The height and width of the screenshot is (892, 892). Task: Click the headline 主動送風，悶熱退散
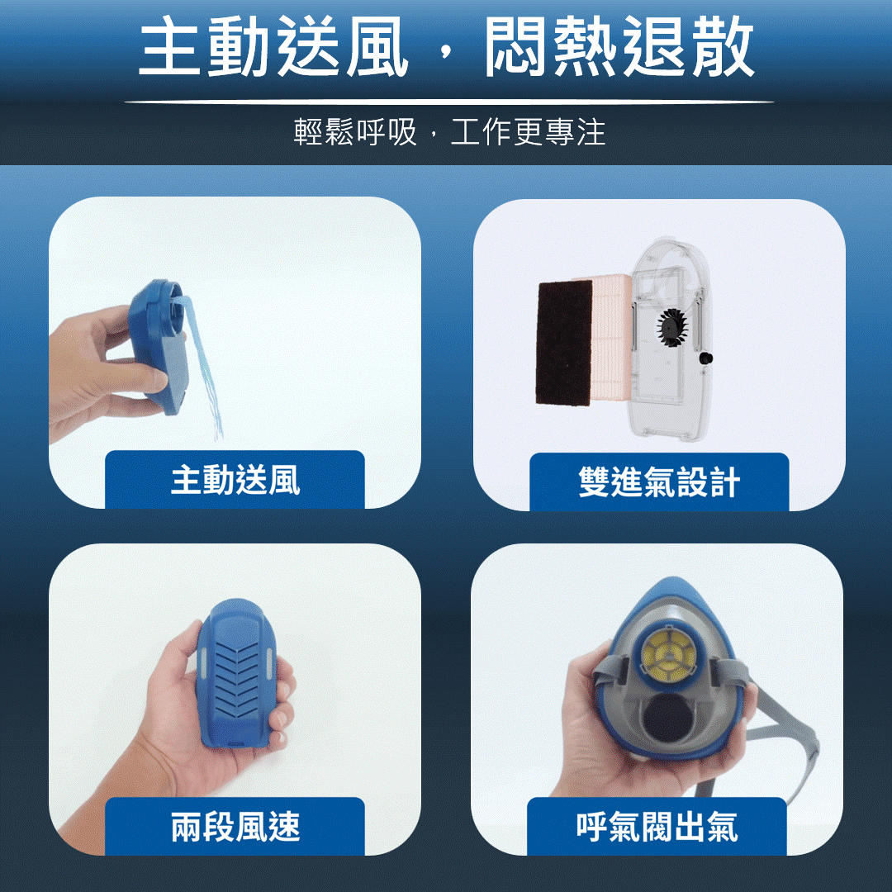click(447, 45)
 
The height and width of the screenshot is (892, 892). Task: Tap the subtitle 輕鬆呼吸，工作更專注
click(449, 132)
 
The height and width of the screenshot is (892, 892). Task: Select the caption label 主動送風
click(235, 481)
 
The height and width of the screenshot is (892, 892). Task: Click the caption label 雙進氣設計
click(659, 482)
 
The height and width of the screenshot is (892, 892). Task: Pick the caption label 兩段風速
click(235, 827)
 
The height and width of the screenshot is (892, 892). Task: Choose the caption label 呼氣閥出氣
click(657, 827)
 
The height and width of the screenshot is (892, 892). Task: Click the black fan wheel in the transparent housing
click(672, 329)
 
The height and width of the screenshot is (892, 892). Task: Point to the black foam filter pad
click(564, 344)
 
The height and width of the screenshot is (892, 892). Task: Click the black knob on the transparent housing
click(705, 358)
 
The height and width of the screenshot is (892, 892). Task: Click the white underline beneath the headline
click(448, 102)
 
